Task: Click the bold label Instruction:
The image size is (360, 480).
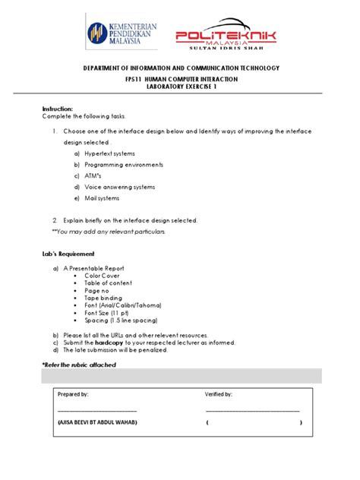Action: point(58,109)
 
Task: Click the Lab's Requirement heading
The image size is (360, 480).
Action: point(68,253)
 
